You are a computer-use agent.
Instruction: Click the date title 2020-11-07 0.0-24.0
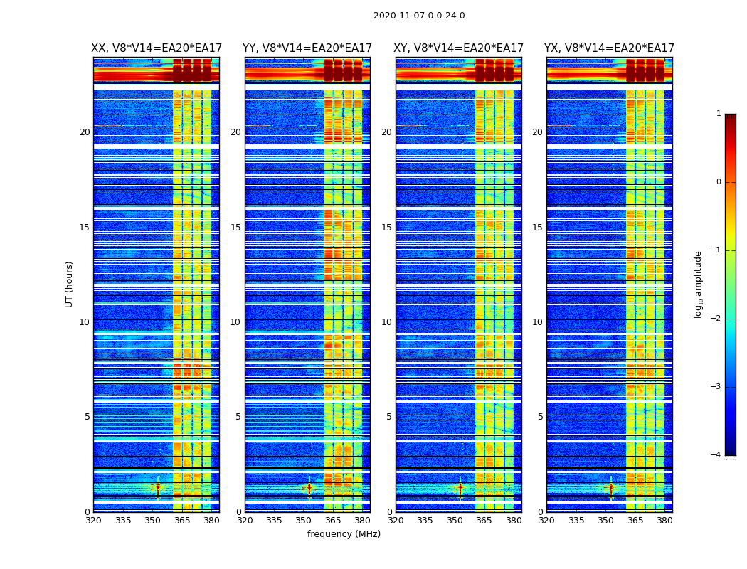(419, 16)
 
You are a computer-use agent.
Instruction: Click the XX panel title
(157, 48)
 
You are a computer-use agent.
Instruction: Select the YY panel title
(307, 48)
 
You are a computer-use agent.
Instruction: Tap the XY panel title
(458, 48)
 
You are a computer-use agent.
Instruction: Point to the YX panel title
(609, 48)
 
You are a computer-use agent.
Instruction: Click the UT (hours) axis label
(69, 284)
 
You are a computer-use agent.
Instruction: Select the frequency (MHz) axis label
(344, 534)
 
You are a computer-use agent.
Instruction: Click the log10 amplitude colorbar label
(699, 284)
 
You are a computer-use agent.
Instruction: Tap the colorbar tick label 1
(718, 114)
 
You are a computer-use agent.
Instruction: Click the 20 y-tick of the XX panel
(85, 132)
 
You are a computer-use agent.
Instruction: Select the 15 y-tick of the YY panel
(235, 228)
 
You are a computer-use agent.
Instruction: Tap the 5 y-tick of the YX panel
(540, 417)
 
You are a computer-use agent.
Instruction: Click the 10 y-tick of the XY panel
(386, 322)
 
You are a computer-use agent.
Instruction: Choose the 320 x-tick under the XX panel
(93, 521)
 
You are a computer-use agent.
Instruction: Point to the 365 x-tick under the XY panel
(484, 521)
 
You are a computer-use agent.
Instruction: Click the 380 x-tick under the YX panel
(664, 521)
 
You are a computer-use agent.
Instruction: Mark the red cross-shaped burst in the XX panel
(158, 487)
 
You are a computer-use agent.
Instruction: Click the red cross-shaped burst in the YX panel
(610, 487)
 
